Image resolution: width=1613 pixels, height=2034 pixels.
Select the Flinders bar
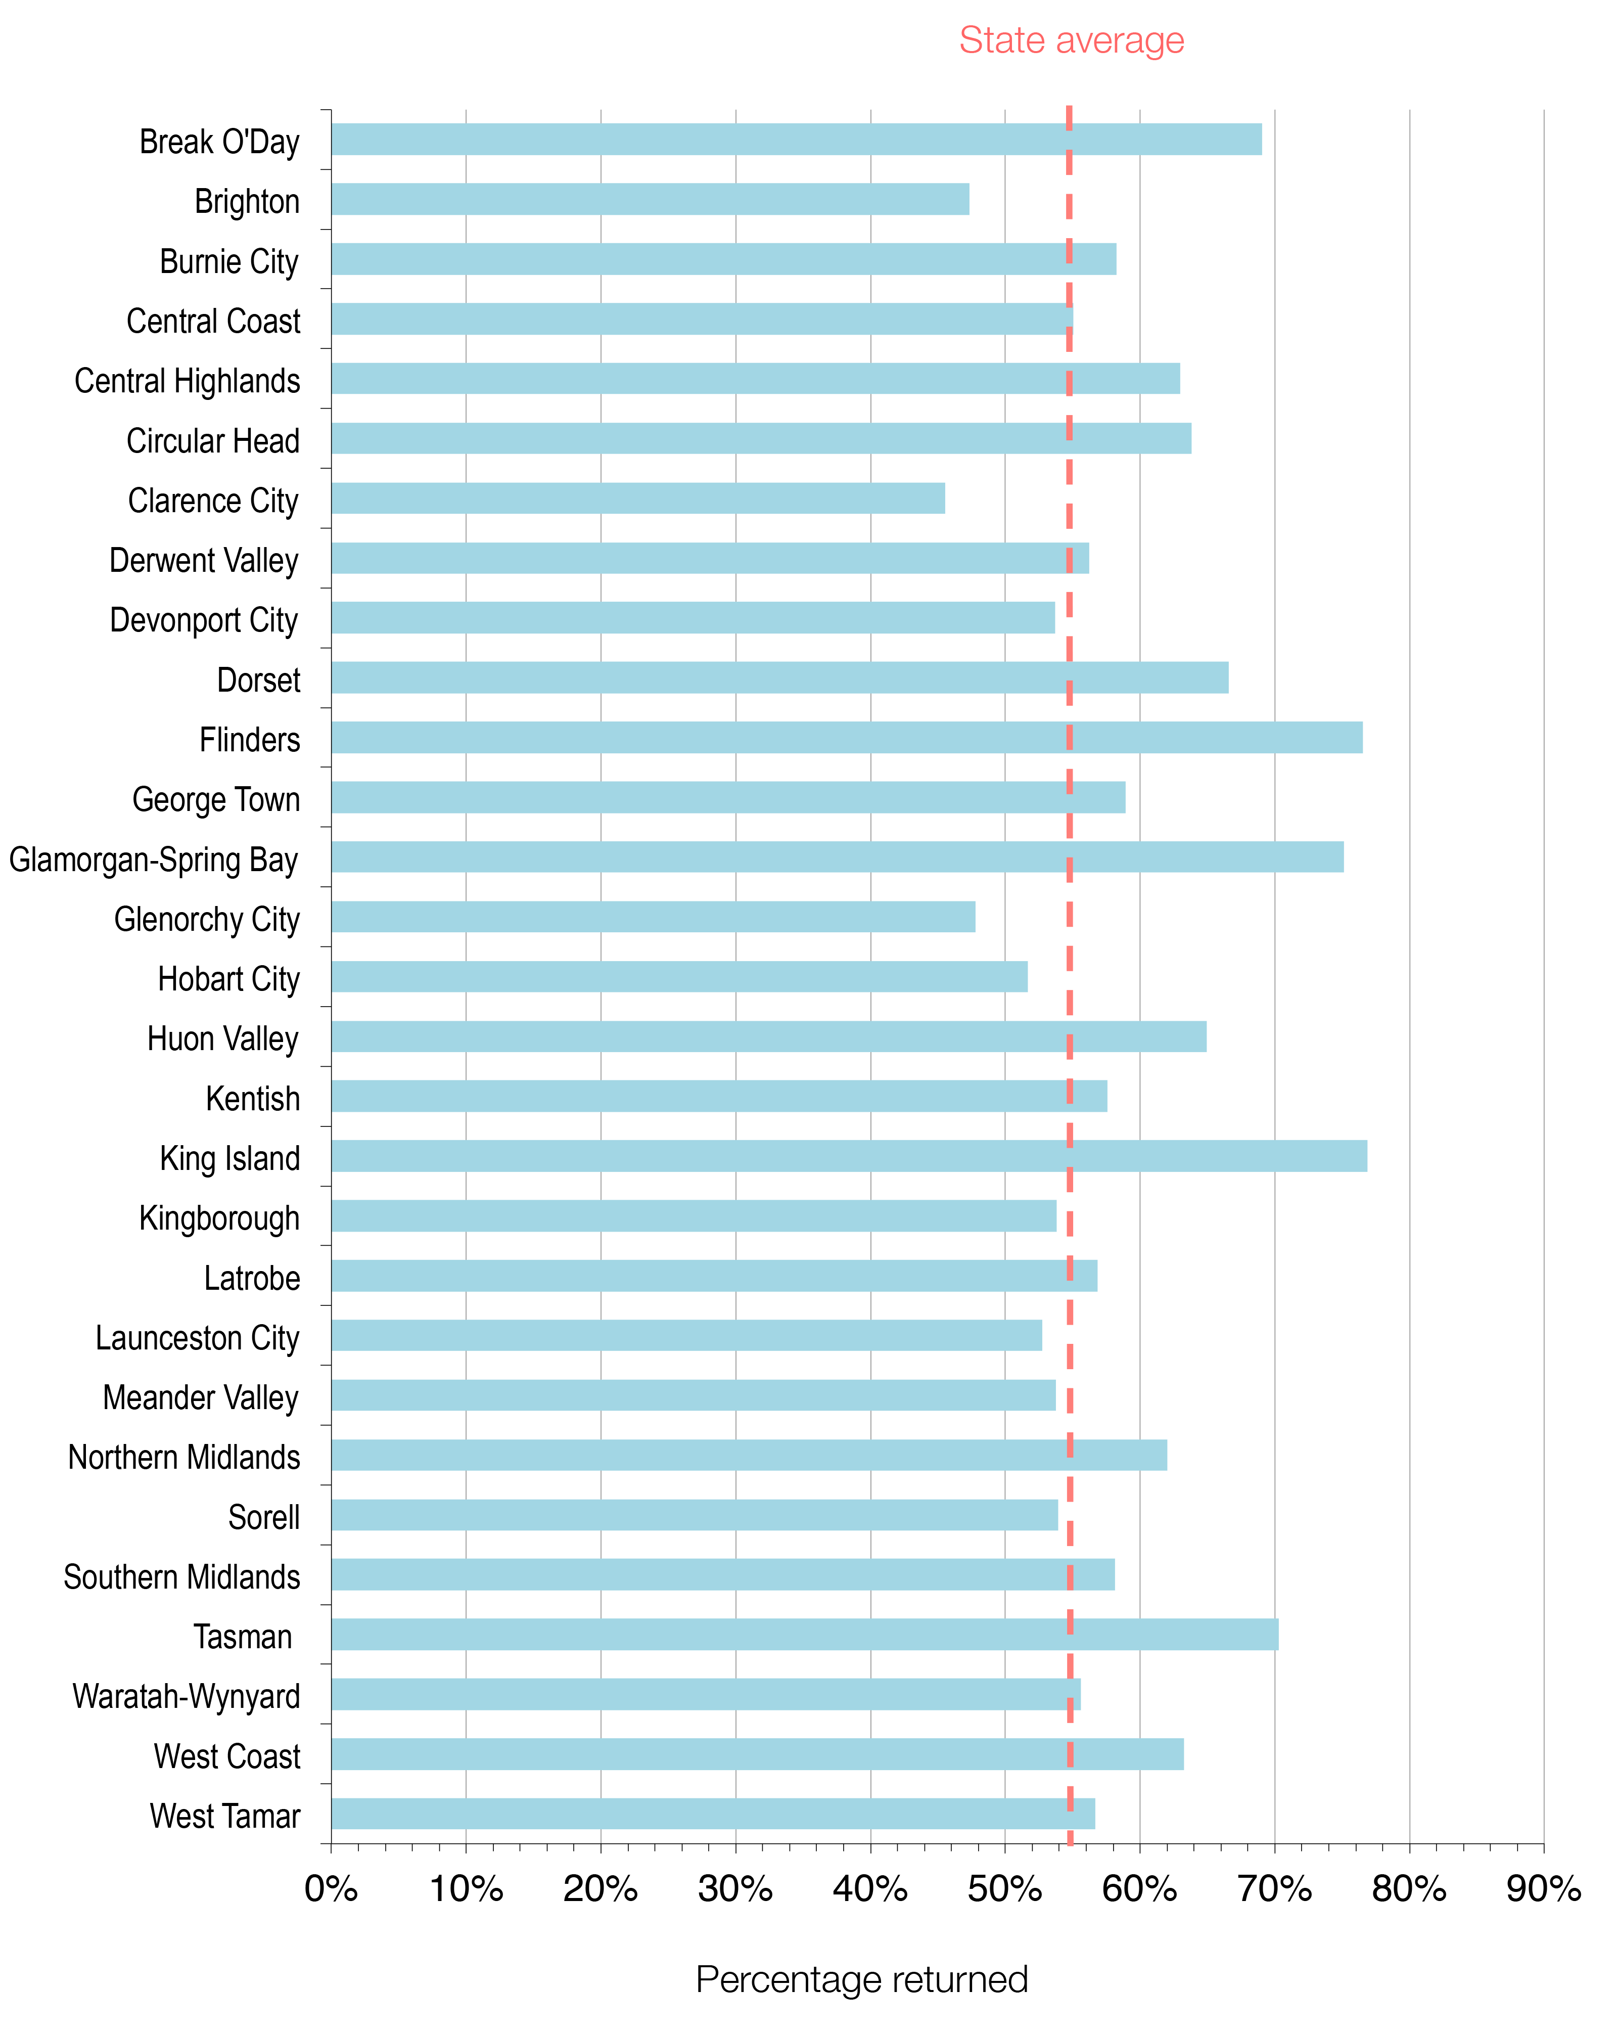coord(846,738)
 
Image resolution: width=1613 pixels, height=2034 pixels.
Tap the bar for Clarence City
coord(637,498)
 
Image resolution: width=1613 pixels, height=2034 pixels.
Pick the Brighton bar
coord(650,199)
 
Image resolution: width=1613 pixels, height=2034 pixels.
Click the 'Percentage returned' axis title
coord(861,1979)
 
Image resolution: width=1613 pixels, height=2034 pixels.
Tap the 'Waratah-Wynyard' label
coord(186,1696)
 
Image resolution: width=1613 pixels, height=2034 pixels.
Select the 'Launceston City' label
coord(197,1338)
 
